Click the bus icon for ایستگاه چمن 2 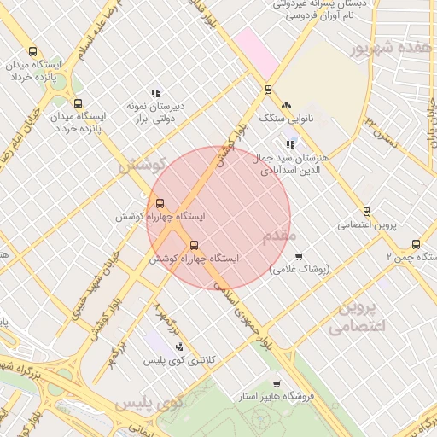(416, 244)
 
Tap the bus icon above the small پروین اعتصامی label (366, 212)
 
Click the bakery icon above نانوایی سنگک (285, 104)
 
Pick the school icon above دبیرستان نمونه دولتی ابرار (155, 93)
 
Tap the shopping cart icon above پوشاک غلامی (298, 256)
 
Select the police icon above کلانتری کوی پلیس (179, 347)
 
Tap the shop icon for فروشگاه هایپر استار (276, 384)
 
